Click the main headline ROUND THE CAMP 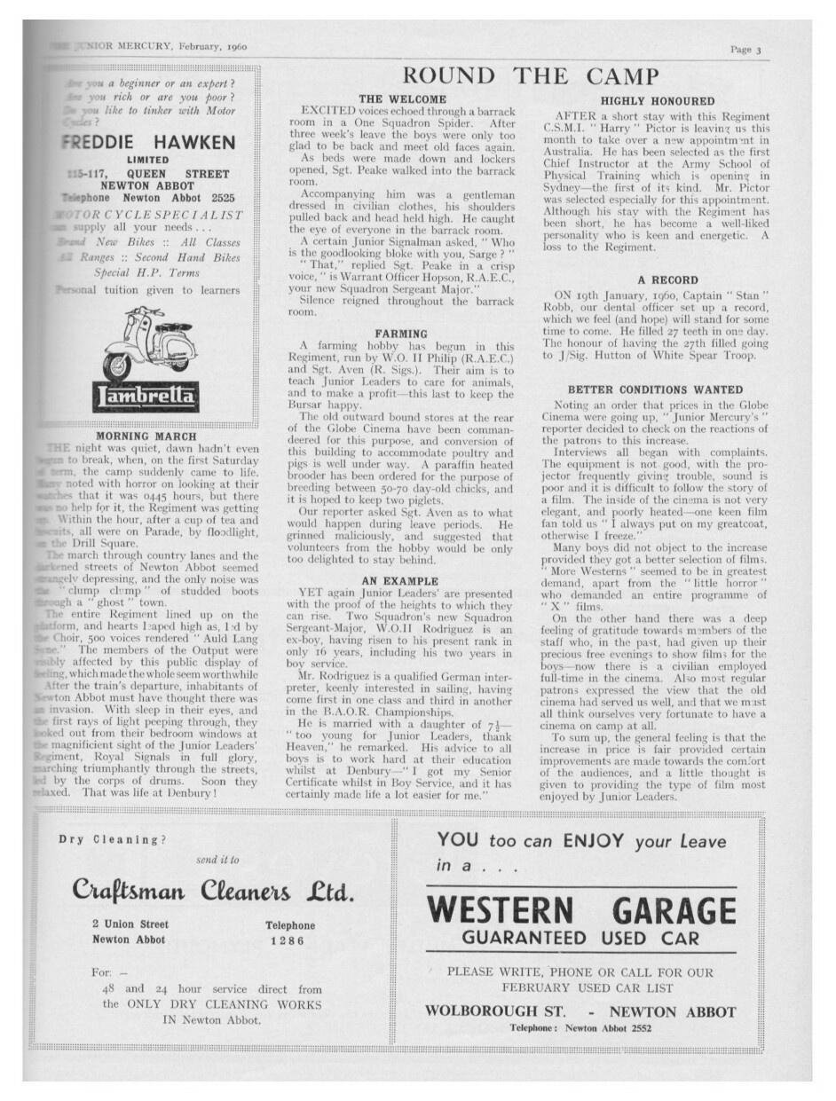(x=531, y=76)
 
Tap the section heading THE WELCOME (x=402, y=98)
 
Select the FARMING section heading (x=401, y=334)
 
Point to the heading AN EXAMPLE (x=401, y=580)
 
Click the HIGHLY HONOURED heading (x=657, y=102)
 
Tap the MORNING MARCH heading (x=145, y=436)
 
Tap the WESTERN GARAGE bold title (x=581, y=910)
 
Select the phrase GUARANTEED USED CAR (x=581, y=938)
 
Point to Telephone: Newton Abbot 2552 (x=580, y=1027)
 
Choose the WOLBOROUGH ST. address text (x=493, y=1011)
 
